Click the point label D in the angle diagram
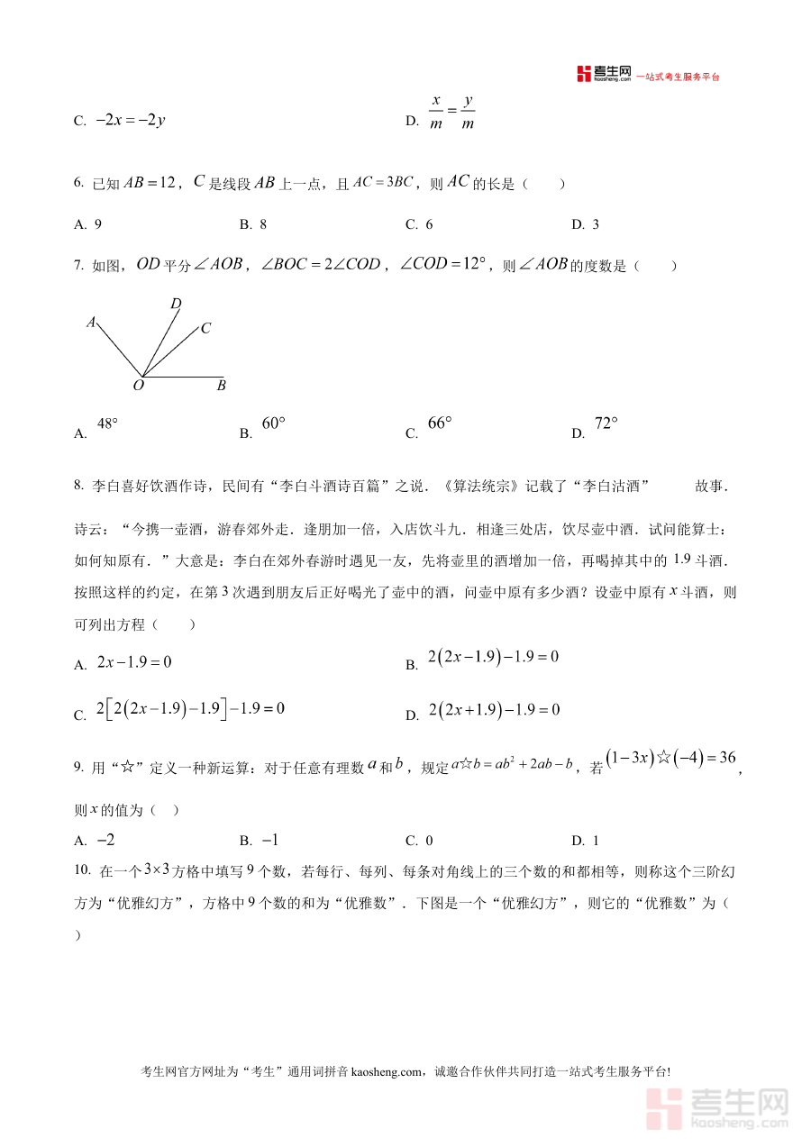[177, 304]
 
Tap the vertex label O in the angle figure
[139, 386]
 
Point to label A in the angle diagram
[91, 321]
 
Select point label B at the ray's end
[221, 386]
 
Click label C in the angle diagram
[205, 328]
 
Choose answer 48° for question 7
[107, 423]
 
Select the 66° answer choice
[439, 423]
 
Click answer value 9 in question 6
[97, 224]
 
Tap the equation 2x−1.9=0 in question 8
[134, 662]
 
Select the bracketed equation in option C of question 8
[190, 709]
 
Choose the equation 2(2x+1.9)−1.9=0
[494, 710]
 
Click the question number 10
[82, 870]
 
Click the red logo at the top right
[603, 75]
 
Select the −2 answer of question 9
[105, 840]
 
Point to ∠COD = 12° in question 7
[442, 264]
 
